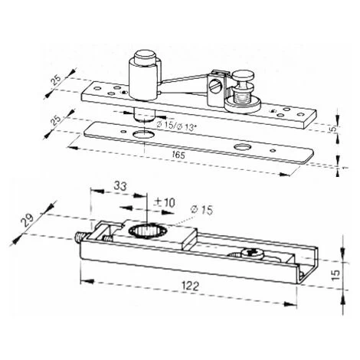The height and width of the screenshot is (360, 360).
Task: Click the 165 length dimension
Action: coord(178,155)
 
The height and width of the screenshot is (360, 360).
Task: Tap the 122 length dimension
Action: coord(190,286)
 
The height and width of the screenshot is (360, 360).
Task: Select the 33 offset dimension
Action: coord(120,186)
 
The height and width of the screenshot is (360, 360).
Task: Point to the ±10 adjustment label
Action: coord(164,203)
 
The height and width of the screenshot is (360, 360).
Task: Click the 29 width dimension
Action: coord(28,221)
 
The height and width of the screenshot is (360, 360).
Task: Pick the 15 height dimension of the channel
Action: coord(336,274)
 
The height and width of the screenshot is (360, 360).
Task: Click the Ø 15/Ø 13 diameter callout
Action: coord(176,126)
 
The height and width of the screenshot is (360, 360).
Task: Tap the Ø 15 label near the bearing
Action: coord(201,210)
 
